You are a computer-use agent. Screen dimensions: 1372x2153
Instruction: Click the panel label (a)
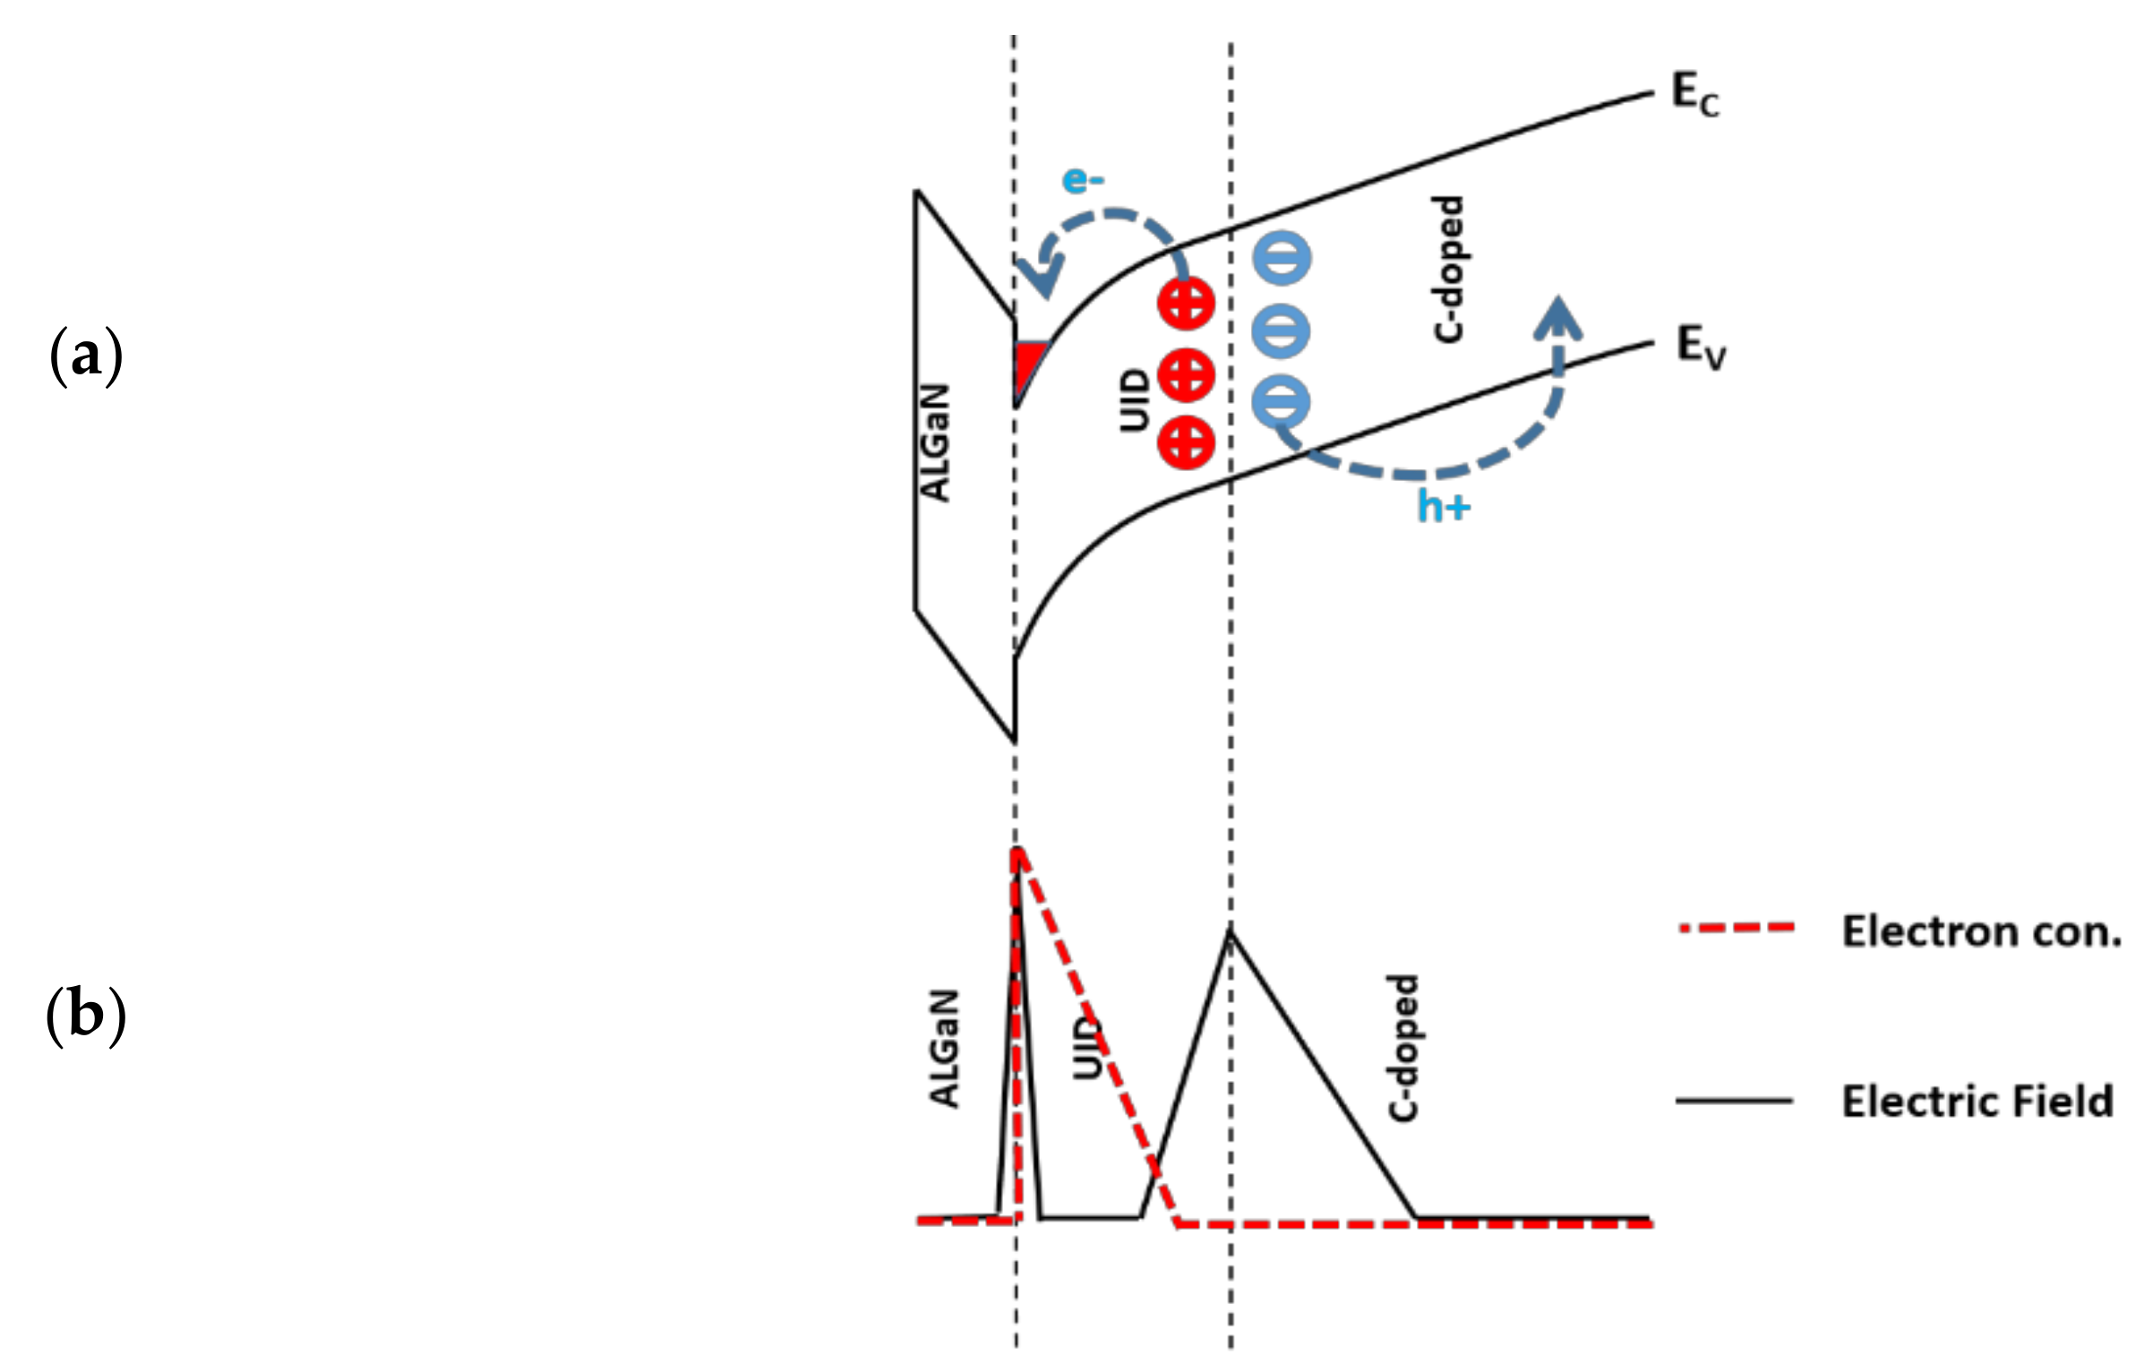tap(85, 356)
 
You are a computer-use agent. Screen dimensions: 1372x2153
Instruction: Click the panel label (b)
tap(85, 1016)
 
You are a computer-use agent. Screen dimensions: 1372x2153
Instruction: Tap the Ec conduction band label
tap(1694, 96)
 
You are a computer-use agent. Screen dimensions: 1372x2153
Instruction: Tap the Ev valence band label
tap(1700, 347)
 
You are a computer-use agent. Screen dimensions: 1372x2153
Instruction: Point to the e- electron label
tap(1083, 181)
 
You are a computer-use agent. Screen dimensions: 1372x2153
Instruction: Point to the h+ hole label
tap(1443, 508)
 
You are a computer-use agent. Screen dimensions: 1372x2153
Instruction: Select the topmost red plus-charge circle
tap(1186, 304)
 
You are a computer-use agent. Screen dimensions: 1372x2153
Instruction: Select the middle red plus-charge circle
tap(1186, 374)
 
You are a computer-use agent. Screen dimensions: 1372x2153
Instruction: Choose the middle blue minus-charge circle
tap(1282, 330)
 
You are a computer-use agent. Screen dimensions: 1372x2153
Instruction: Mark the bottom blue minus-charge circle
tap(1282, 400)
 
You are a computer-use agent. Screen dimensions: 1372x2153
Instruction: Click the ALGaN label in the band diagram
tap(935, 442)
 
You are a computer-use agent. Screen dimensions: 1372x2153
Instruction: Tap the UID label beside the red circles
tap(1134, 400)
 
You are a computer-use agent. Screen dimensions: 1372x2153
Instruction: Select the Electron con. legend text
tap(1980, 932)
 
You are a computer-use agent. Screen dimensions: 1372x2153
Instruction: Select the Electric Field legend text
tap(1977, 1101)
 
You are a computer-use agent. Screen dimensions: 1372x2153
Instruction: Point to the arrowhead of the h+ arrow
tap(1557, 320)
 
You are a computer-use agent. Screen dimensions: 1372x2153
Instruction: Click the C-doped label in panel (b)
tap(1403, 1048)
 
